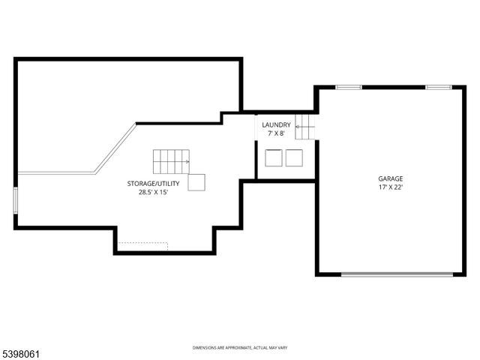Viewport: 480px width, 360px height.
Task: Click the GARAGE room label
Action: tap(390, 178)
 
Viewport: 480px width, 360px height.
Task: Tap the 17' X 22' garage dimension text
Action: tap(390, 187)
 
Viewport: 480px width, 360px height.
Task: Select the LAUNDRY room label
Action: tap(276, 124)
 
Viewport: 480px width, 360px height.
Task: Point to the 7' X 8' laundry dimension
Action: tap(276, 133)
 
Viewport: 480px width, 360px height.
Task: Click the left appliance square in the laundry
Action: tap(274, 157)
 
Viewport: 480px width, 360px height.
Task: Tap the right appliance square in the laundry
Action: tap(293, 157)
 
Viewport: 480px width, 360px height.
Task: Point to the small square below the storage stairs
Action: tap(196, 183)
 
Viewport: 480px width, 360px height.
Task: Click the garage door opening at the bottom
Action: tap(397, 274)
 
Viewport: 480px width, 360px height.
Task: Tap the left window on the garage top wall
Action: tap(349, 88)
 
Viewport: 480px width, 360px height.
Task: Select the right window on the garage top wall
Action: tap(438, 88)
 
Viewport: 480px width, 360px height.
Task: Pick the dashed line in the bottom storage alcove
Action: tap(142, 242)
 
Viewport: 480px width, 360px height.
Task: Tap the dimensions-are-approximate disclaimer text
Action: tap(240, 347)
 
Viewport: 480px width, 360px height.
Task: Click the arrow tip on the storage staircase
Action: tap(189, 161)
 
